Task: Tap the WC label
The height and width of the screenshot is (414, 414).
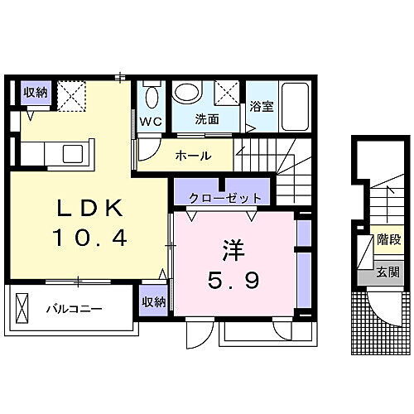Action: coord(150,121)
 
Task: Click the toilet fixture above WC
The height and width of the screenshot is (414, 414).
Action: coord(150,96)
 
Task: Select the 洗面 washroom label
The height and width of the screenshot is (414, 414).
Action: coord(206,119)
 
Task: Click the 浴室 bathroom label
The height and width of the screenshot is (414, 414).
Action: coord(261,106)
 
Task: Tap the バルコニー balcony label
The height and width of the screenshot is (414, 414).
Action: coord(73,309)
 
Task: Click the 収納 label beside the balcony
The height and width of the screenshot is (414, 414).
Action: coord(152,301)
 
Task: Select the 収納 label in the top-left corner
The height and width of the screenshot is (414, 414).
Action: coord(36,91)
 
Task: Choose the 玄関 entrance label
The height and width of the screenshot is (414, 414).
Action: coord(388,272)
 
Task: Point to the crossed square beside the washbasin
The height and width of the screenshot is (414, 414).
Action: coord(225,93)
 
